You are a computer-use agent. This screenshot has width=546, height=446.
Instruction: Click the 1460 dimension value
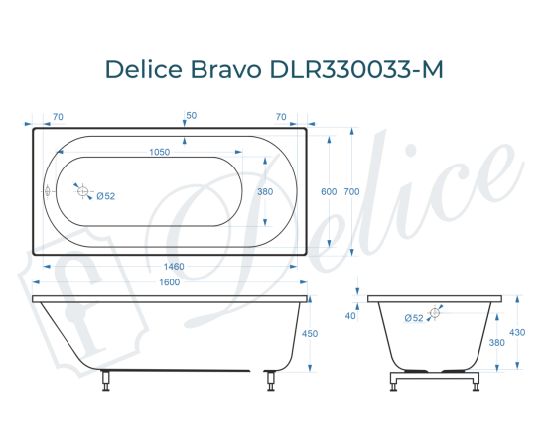(174, 267)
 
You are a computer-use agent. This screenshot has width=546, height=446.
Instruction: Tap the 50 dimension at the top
(191, 116)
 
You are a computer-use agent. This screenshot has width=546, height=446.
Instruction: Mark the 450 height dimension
(309, 334)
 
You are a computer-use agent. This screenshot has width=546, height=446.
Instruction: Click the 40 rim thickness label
(350, 316)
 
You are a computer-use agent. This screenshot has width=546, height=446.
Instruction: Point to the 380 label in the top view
(264, 191)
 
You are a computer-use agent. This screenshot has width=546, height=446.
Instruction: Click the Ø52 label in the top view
(106, 196)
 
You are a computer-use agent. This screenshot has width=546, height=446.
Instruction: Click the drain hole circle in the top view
(84, 191)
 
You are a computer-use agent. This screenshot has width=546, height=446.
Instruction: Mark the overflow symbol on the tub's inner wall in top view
(47, 191)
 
